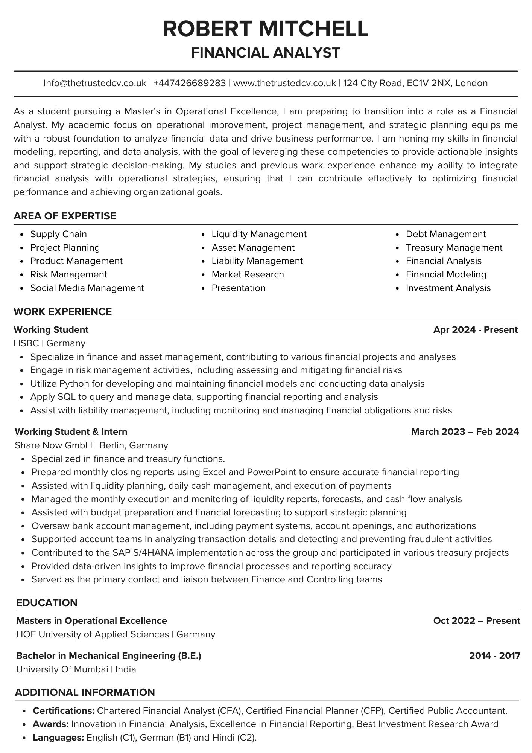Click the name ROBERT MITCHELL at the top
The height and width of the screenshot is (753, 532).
(266, 29)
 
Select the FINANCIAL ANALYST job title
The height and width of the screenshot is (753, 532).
(266, 53)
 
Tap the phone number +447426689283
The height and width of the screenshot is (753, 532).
(190, 83)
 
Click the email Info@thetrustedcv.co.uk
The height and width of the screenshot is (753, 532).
(95, 83)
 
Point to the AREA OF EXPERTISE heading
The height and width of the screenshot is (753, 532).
(65, 216)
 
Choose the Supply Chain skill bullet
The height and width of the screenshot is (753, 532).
(58, 234)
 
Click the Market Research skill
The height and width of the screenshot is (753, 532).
(248, 274)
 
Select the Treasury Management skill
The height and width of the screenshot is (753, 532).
(454, 248)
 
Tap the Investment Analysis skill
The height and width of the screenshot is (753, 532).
(448, 288)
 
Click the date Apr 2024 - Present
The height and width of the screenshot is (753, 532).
(475, 330)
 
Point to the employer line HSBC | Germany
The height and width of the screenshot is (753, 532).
(49, 343)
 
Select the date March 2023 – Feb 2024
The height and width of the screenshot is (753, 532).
(465, 431)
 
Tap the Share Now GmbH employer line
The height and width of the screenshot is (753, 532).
(91, 445)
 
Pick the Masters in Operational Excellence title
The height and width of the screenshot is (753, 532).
(91, 621)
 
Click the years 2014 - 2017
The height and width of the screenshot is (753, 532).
(494, 656)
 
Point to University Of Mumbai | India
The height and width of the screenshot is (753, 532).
(76, 669)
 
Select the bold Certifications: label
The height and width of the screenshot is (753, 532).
(64, 711)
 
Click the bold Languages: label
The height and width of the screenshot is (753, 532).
(58, 738)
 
